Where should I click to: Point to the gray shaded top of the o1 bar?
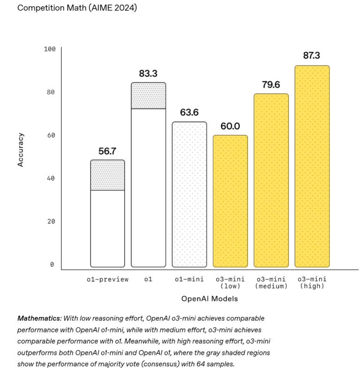coord(149,96)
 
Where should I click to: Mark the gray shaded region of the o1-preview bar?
coord(107,175)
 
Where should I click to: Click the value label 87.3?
coord(312,56)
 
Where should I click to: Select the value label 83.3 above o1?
coord(149,73)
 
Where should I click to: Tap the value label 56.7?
coord(107,151)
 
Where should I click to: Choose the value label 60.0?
coord(230,126)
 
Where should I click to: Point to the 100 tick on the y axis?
coord(49,49)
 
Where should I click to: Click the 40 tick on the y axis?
coord(50,178)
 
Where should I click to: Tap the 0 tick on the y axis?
coord(52,264)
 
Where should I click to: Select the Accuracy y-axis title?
coord(20,150)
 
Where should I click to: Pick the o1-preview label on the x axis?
coord(107,279)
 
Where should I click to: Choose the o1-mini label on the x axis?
coord(189,279)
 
